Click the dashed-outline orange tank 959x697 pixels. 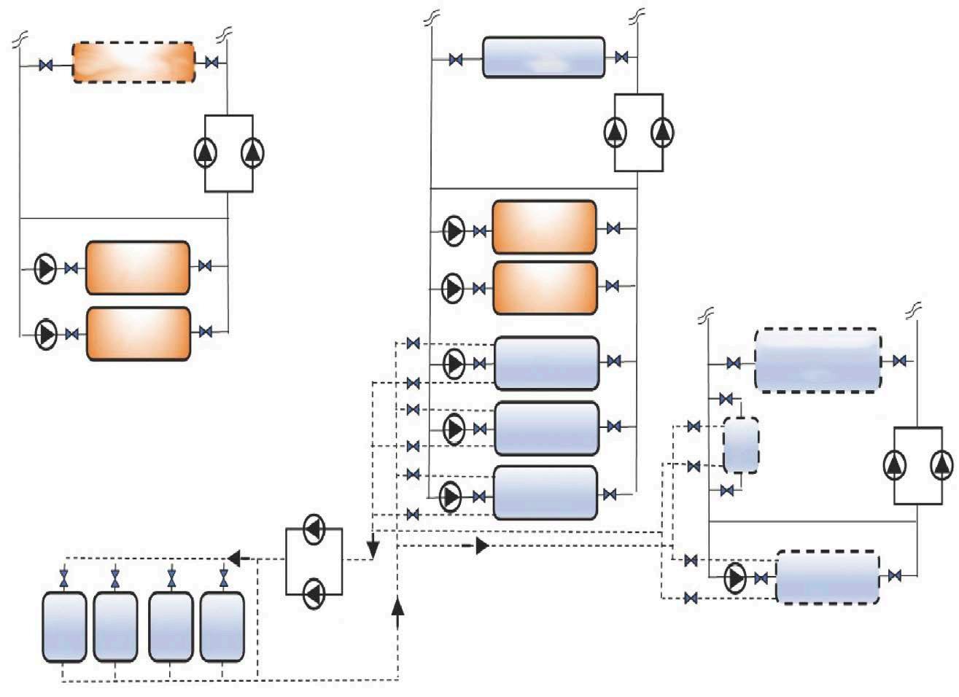133,62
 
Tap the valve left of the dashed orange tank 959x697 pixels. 46,66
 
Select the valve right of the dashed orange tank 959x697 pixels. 212,63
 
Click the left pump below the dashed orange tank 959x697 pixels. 205,152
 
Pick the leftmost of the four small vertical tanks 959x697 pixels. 64,627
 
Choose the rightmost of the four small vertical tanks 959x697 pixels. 222,627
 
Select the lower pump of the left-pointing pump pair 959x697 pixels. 314,593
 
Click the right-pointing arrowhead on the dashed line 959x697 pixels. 482,545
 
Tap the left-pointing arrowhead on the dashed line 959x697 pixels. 235,558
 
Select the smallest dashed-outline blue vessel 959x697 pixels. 740,445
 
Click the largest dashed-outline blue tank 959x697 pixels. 817,361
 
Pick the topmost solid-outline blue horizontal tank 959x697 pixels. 544,57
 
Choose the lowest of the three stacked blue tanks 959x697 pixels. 545,493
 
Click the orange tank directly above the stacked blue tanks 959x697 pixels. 545,288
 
